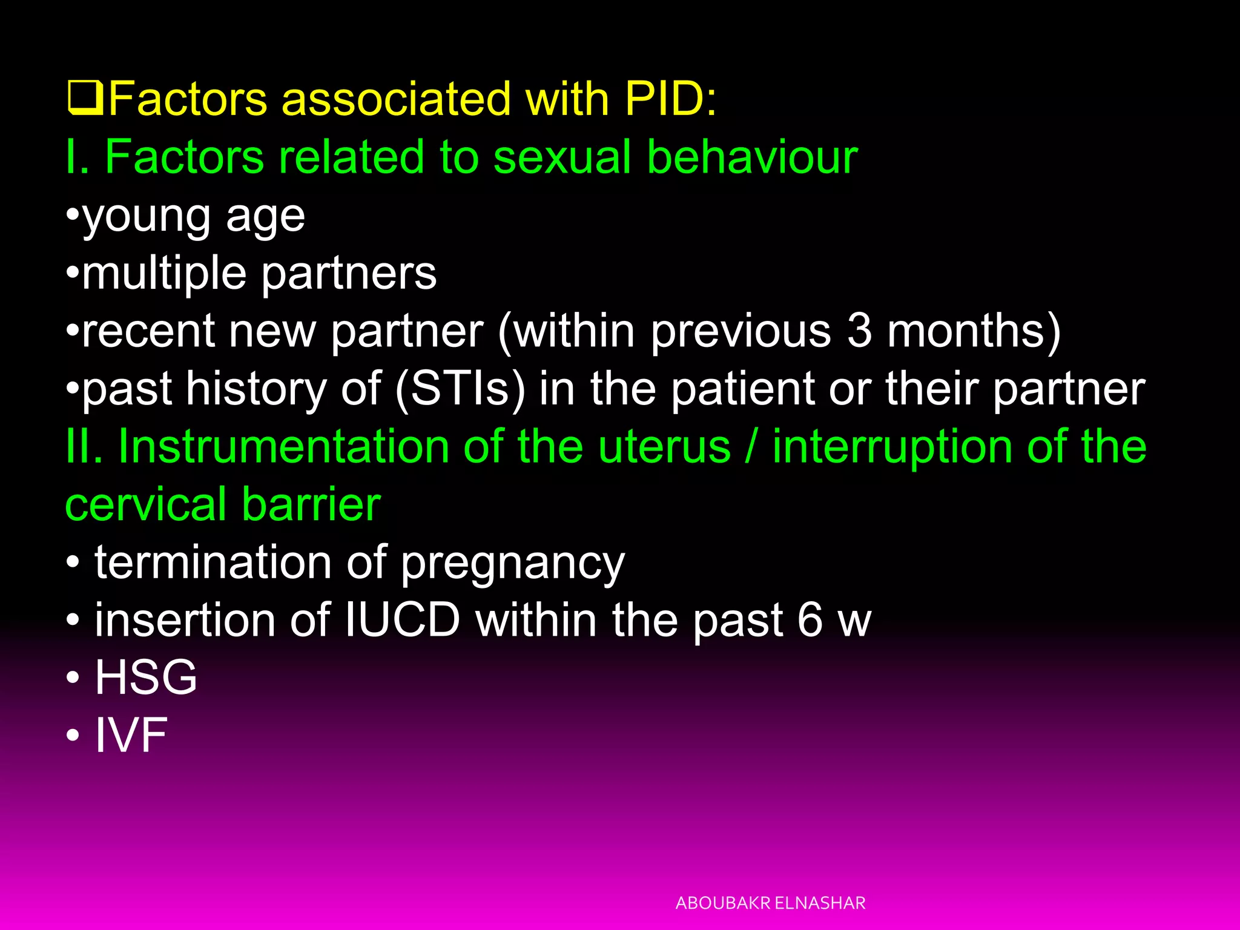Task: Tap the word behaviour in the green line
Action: pos(751,157)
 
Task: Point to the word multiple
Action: pos(163,274)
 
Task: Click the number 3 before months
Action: pos(860,331)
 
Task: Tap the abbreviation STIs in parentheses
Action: pos(460,389)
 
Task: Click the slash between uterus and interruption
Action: pos(751,447)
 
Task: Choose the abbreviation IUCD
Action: pos(402,620)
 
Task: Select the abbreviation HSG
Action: pos(146,677)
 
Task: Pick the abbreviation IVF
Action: pos(131,735)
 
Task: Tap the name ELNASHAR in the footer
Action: pos(820,903)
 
